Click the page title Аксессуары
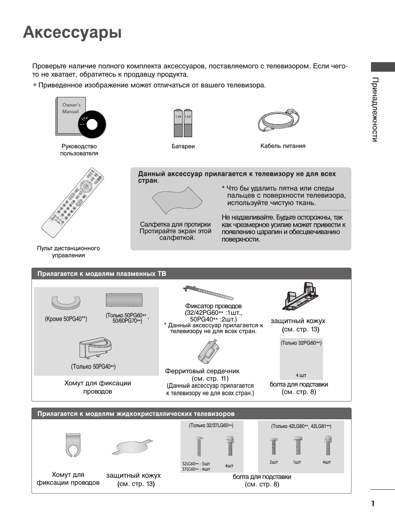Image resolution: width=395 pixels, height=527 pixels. [x=72, y=32]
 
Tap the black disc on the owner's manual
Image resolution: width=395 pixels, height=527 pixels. [x=92, y=124]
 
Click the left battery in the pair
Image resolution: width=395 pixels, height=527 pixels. [x=178, y=123]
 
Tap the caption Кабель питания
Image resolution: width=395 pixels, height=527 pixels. [x=283, y=146]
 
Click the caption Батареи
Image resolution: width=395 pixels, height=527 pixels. [x=183, y=146]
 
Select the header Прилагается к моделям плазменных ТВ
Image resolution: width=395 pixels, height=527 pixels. [x=102, y=274]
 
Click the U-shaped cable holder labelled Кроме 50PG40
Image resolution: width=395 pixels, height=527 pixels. [x=66, y=303]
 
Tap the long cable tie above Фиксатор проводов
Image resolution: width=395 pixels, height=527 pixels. [x=208, y=293]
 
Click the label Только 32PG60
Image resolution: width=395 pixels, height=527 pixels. [x=301, y=343]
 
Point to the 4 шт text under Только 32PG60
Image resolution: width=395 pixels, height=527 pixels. [x=301, y=375]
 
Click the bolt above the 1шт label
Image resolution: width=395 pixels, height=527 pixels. [x=298, y=446]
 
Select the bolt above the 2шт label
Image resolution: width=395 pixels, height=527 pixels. [x=274, y=447]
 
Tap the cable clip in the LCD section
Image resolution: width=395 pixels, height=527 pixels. [x=73, y=445]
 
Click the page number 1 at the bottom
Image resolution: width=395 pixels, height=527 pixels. [x=373, y=504]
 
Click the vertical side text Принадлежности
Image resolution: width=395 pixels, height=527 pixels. [x=375, y=109]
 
